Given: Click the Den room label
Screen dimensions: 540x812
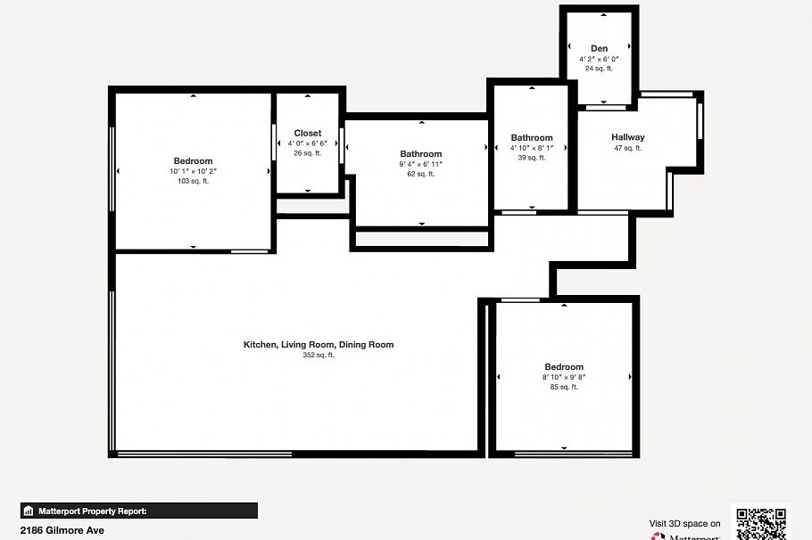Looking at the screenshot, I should (599, 48).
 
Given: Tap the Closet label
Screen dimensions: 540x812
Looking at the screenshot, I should (308, 133).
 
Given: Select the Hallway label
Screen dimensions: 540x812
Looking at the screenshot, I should (627, 137).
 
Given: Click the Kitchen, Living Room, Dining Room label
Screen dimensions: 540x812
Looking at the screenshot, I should (319, 344).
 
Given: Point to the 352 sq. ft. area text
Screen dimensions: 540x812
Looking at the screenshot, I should (319, 355).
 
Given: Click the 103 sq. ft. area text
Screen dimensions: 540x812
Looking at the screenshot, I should (193, 181).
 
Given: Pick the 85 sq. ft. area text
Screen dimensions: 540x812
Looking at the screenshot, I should (564, 387).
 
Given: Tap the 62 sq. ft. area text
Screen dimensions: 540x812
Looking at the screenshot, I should (420, 174).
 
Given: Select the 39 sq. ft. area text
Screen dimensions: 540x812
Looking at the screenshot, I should (532, 158).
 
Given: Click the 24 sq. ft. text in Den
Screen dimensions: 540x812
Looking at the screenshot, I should (599, 69).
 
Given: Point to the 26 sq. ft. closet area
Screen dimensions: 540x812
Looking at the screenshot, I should (308, 153).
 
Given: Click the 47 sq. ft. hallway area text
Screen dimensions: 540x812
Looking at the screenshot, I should (627, 148).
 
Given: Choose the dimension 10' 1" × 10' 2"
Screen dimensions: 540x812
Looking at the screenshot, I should (193, 171).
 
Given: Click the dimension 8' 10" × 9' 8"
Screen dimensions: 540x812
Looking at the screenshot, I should (564, 377).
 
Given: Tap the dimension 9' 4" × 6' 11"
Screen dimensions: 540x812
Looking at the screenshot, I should (420, 164).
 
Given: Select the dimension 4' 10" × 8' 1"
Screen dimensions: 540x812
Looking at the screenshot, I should (532, 148).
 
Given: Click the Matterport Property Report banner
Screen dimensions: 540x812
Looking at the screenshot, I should (139, 511).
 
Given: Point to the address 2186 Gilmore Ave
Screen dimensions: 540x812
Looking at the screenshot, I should (62, 530).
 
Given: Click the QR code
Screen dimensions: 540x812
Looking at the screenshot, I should (760, 523).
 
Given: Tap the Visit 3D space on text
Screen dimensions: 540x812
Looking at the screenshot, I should (684, 524).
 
